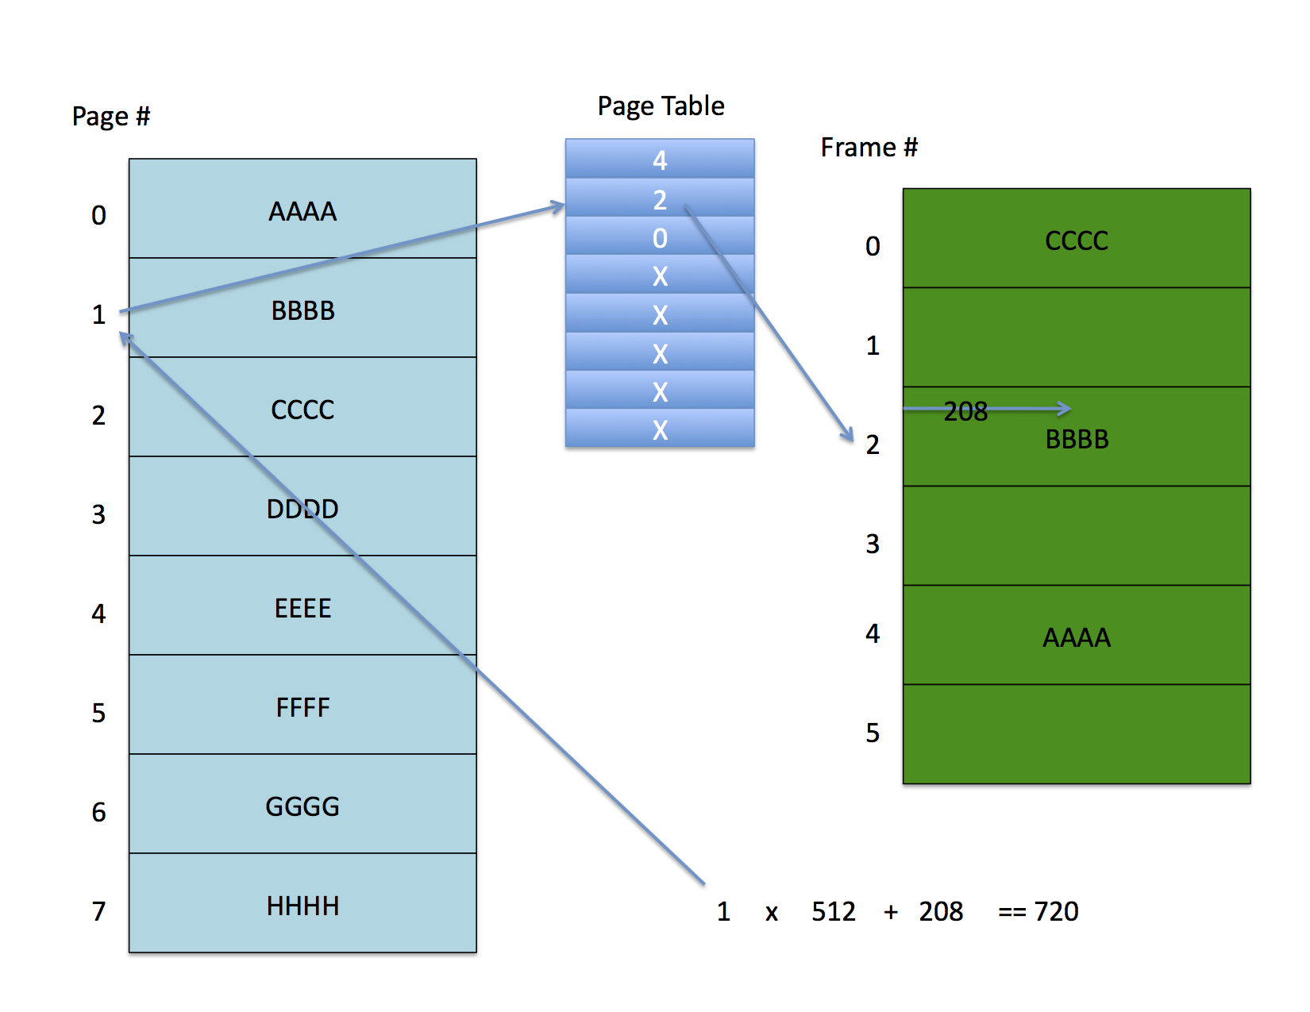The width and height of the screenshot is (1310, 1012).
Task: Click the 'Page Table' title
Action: [660, 106]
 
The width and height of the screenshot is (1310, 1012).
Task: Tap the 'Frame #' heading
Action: [869, 147]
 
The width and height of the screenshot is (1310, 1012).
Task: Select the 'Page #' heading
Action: [111, 117]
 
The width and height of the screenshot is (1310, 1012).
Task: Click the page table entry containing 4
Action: [660, 159]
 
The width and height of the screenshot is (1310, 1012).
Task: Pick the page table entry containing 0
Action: [660, 236]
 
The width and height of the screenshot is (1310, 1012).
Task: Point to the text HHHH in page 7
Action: [302, 906]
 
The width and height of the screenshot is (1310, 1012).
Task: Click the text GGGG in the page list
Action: [302, 806]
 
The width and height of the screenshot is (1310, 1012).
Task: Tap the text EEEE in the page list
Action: [302, 608]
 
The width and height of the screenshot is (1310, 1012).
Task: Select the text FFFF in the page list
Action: [302, 707]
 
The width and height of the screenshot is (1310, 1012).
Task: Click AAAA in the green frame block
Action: [1077, 637]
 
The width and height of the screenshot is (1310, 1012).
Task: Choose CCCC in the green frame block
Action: [1077, 240]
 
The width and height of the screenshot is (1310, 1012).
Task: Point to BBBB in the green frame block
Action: [1077, 440]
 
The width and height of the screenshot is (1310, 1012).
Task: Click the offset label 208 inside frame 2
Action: [965, 412]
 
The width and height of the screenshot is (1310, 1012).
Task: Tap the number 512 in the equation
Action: [834, 911]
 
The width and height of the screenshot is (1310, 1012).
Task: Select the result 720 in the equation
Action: [1056, 911]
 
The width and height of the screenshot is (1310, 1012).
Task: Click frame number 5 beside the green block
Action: [873, 733]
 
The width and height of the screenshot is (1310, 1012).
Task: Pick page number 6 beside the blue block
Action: [99, 812]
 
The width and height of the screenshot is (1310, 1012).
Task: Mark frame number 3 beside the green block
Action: [873, 544]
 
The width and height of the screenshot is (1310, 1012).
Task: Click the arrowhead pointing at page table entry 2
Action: [559, 206]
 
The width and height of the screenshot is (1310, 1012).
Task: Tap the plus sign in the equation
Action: [891, 913]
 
